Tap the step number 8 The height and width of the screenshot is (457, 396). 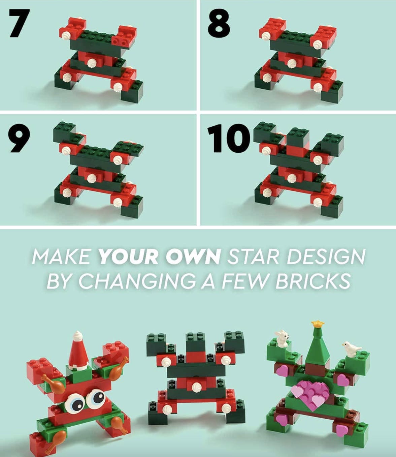[x=219, y=23]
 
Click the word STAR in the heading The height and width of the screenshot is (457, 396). [x=253, y=257]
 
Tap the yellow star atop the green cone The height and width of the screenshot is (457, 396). [x=318, y=324]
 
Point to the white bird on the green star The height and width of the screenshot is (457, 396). [x=351, y=348]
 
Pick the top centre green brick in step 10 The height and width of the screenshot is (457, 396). [x=298, y=137]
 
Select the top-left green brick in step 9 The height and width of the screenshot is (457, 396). [x=64, y=133]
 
